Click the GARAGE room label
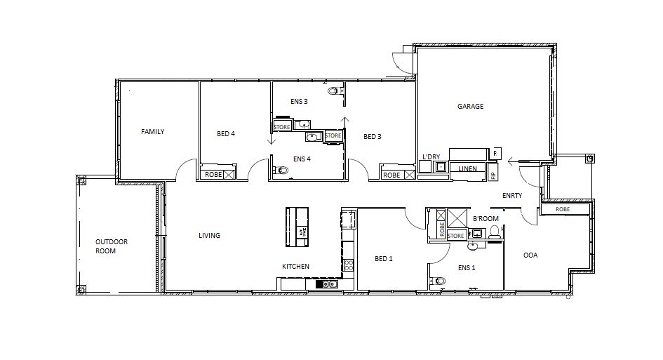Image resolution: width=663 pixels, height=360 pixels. (471, 107)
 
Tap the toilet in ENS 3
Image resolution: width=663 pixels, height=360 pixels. (333, 91)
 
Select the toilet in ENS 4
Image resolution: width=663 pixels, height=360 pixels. (283, 170)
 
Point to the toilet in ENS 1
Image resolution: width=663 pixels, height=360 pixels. (440, 281)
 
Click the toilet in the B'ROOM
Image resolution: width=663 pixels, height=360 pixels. (494, 231)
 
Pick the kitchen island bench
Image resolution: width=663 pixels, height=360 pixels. (297, 227)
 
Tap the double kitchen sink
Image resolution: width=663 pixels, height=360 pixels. (326, 284)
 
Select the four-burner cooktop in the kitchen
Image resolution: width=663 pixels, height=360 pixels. (348, 265)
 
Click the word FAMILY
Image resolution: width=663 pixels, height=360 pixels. (152, 131)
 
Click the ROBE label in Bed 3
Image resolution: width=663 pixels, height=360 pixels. (391, 175)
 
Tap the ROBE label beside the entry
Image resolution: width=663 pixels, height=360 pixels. (562, 209)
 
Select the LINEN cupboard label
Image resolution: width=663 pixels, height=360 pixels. (468, 169)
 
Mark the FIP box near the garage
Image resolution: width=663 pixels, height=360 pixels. (493, 174)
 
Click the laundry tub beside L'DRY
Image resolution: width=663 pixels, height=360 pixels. (441, 167)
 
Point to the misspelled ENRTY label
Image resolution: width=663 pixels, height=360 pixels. (512, 196)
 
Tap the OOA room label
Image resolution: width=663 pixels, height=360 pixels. (530, 255)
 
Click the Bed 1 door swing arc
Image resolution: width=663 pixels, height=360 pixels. (414, 220)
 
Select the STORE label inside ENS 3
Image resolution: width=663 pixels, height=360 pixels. (281, 127)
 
